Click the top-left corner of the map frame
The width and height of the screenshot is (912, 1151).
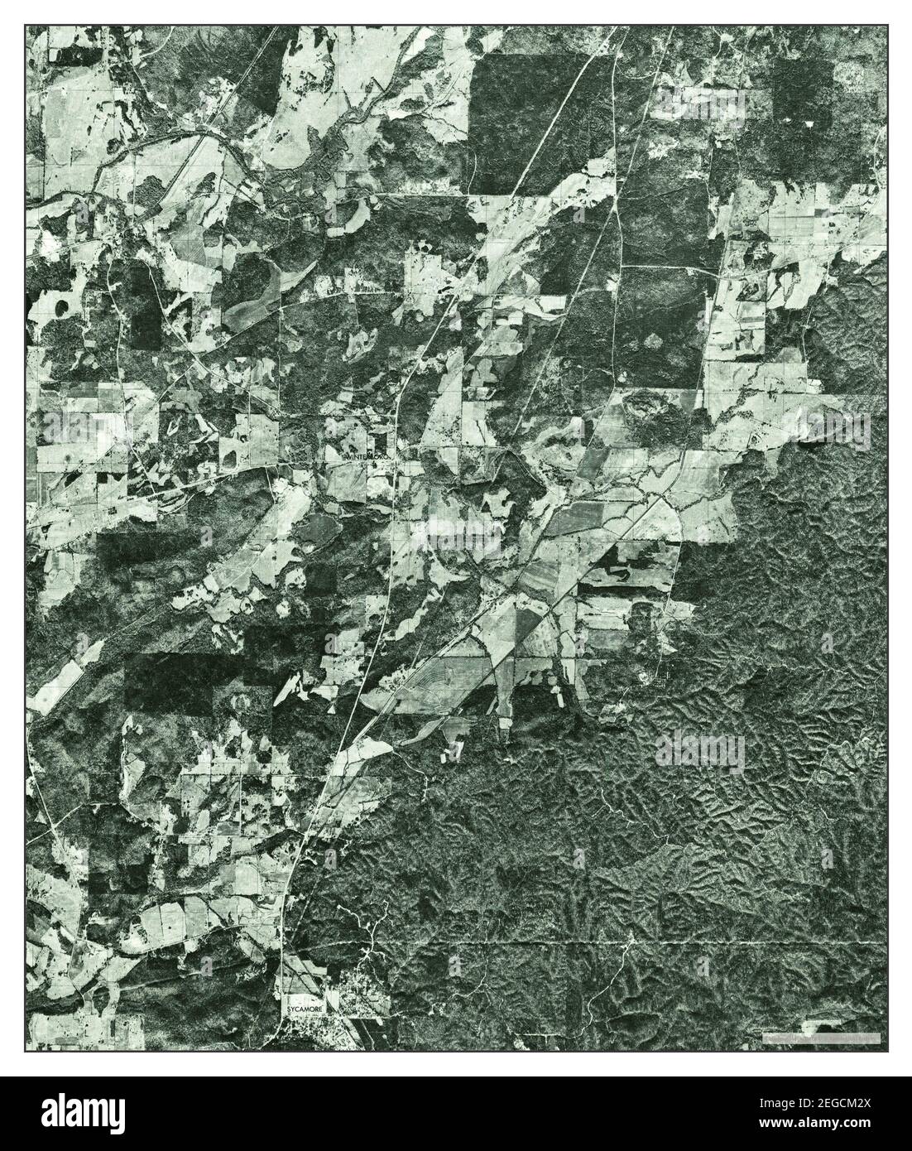(25, 25)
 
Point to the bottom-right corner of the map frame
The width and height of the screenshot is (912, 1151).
(886, 1052)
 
